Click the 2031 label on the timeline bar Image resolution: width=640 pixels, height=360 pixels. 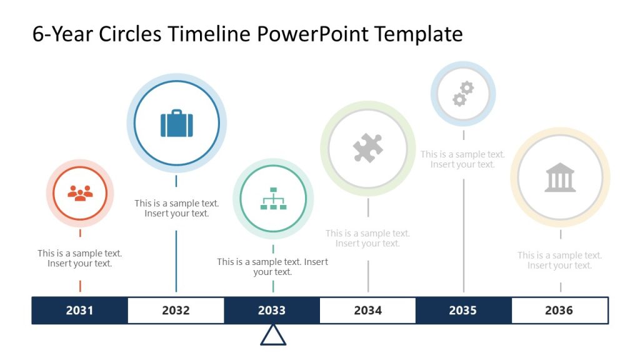tap(79, 311)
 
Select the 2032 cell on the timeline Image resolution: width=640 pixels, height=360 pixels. tap(176, 311)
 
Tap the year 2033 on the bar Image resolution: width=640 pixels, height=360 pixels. tap(272, 311)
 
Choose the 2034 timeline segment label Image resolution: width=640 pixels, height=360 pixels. tap(367, 311)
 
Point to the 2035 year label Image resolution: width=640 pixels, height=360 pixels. tap(463, 311)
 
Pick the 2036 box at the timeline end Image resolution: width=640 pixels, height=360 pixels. tap(559, 311)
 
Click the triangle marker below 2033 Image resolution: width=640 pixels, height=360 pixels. tap(273, 336)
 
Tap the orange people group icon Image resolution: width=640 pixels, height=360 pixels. tap(80, 192)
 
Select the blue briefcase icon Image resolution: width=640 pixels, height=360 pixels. tap(177, 123)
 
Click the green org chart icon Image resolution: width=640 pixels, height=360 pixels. tap(273, 198)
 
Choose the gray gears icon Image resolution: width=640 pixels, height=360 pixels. tap(463, 94)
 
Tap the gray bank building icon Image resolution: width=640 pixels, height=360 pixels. tap(560, 177)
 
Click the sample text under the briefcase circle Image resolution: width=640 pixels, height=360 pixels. tap(177, 208)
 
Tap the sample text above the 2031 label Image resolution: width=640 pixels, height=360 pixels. tap(80, 258)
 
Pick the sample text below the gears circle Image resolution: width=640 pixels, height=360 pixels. tap(462, 159)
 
